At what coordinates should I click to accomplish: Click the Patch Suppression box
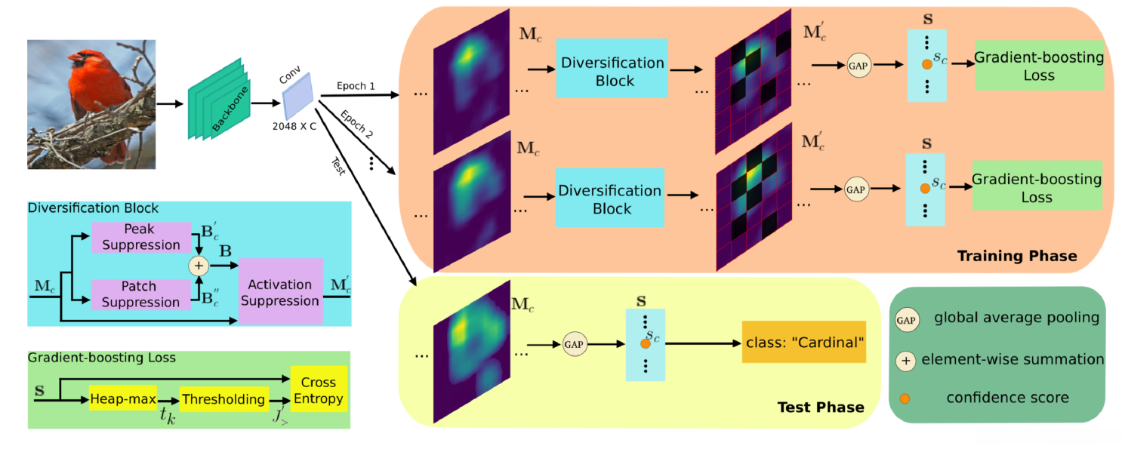pos(140,294)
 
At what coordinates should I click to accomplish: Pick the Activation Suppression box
pos(280,292)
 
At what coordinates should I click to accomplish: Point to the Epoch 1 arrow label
pos(358,87)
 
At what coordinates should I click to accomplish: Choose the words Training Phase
pos(1016,257)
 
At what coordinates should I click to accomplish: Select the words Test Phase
pos(821,407)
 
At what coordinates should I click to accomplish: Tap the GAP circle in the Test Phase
pos(573,344)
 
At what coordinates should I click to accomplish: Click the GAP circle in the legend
pos(907,320)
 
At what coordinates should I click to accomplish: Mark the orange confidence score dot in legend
pos(906,397)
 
